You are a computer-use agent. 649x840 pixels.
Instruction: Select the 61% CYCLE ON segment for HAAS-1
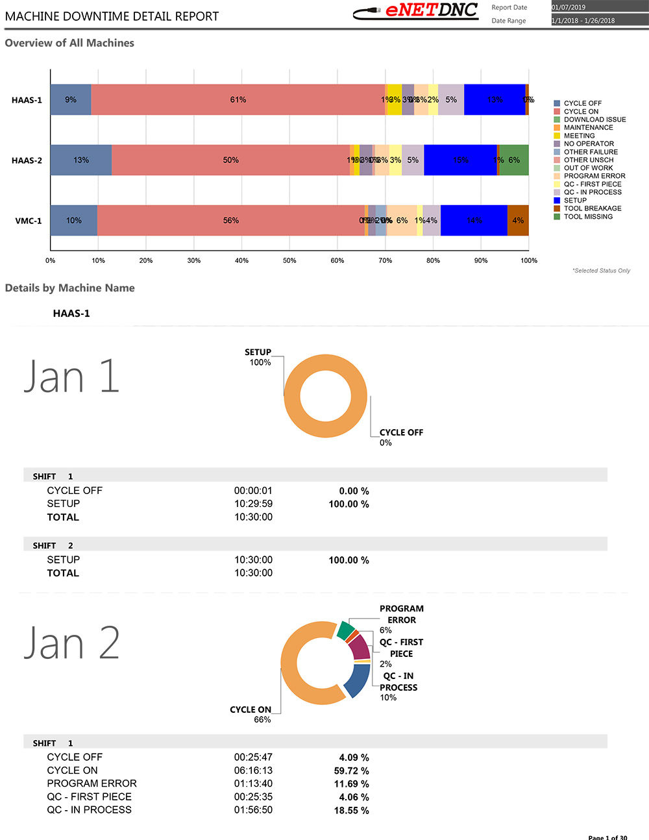pos(238,100)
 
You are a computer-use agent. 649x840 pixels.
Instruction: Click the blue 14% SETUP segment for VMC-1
pos(474,221)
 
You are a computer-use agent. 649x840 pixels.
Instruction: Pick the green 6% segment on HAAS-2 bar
pos(514,160)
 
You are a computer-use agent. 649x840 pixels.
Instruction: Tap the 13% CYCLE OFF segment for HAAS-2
pos(81,160)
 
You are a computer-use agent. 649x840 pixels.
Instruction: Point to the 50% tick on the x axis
pos(289,260)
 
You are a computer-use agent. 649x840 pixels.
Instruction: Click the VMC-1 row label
pos(29,221)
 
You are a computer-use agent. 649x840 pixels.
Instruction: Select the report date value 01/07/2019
pos(569,7)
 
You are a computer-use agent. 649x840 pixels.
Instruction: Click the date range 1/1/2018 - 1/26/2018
pos(583,21)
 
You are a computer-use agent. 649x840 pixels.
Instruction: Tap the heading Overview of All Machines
pos(69,43)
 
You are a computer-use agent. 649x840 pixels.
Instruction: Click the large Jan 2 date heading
pos(72,643)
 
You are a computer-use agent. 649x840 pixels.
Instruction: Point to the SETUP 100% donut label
pos(258,357)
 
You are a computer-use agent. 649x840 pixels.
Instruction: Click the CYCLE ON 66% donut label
pos(251,714)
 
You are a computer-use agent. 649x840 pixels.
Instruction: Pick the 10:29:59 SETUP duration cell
pos(253,504)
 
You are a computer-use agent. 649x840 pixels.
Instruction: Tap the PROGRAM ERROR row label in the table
pos(92,784)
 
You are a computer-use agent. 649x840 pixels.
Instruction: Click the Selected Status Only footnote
pos(601,271)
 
